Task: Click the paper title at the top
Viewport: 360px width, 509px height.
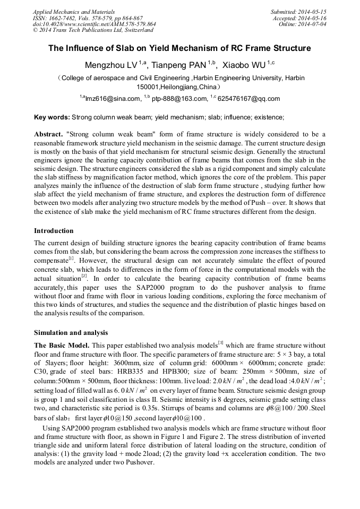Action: click(x=179, y=48)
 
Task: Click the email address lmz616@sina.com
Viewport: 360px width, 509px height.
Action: click(x=112, y=99)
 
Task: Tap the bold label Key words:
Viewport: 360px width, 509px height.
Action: click(x=52, y=117)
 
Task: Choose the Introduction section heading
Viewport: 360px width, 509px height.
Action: click(x=54, y=231)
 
